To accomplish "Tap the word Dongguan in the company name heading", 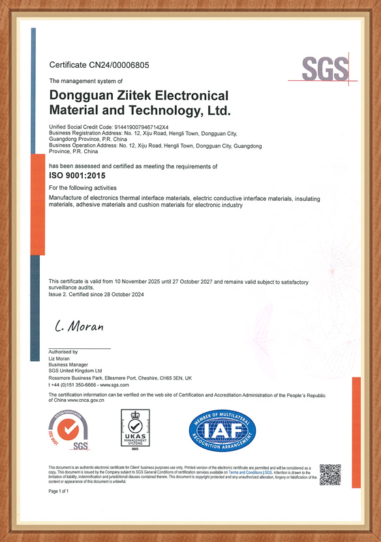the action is [x=81, y=95].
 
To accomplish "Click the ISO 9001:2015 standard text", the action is [x=77, y=176].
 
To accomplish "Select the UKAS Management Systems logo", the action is [x=136, y=430].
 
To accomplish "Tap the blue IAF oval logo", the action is [x=222, y=430].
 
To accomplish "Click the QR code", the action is [x=330, y=474].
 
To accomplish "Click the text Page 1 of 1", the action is [x=59, y=490].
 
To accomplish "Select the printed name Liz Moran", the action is [x=59, y=358].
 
